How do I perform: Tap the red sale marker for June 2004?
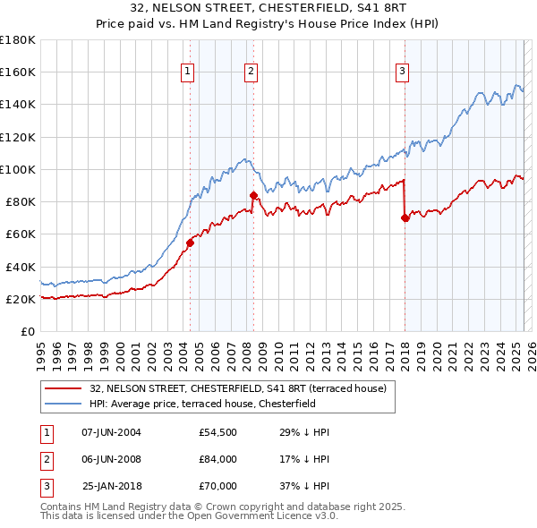[x=190, y=243]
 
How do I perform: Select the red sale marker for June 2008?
[x=253, y=194]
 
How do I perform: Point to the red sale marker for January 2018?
[x=405, y=217]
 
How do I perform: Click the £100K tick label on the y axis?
[x=18, y=169]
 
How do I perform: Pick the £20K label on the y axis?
[x=21, y=299]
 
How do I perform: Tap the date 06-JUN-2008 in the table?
[x=111, y=459]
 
